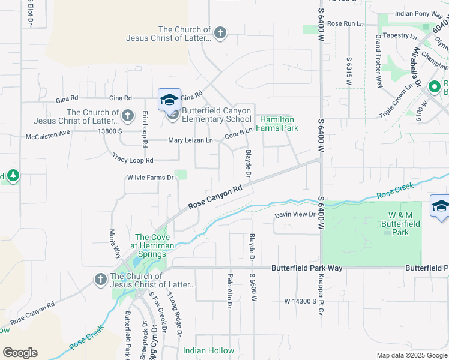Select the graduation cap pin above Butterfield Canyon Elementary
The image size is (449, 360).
tap(169, 99)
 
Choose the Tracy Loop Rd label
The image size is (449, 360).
tap(133, 160)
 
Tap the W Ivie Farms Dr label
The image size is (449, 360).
tap(150, 178)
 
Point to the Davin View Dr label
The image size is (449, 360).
tap(295, 214)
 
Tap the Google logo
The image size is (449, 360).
tap(20, 353)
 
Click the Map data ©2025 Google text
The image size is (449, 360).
tap(411, 355)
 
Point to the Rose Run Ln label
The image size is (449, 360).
tap(346, 23)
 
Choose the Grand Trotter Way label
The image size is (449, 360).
tap(379, 61)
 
